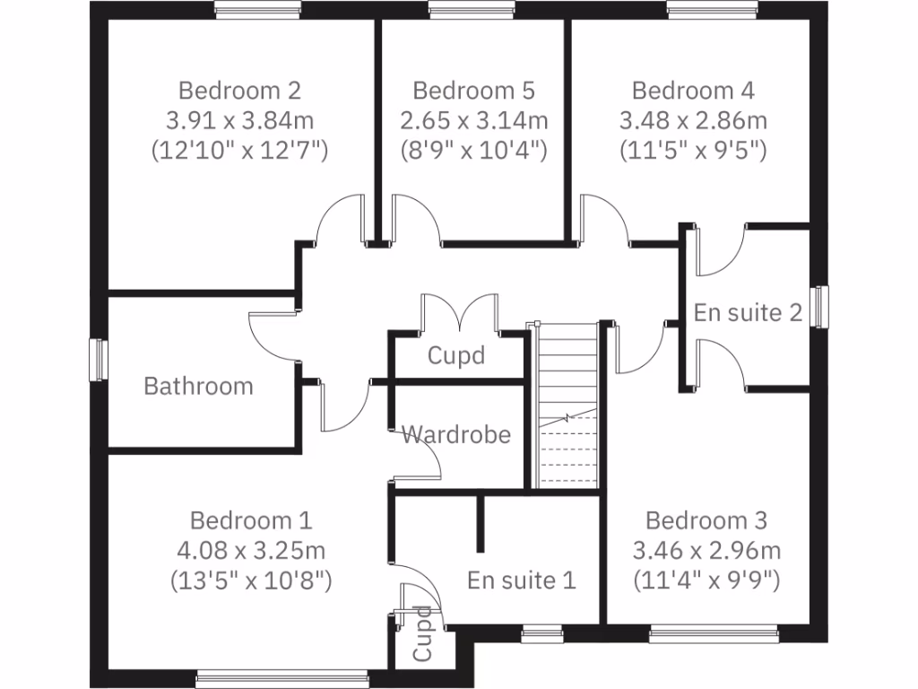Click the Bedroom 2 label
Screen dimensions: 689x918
pos(239,91)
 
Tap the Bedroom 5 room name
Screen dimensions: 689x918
pos(473,91)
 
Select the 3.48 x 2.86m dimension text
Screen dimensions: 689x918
pos(693,120)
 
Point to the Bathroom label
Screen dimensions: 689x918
pos(198,387)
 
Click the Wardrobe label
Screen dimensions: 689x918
pos(456,435)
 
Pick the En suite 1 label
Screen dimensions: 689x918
pos(521,580)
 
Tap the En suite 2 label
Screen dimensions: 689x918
pos(748,313)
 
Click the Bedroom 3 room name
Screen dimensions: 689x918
pos(706,520)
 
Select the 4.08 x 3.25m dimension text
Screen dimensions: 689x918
pos(251,550)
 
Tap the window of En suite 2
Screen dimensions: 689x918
pos(819,307)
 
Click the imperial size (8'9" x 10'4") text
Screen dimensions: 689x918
pos(473,150)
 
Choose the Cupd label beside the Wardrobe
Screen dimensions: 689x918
pos(456,355)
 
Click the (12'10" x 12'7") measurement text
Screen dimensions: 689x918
pos(239,150)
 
